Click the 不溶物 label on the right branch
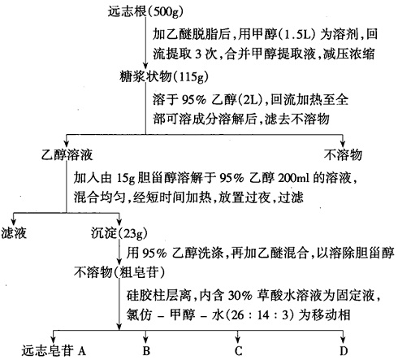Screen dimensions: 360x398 (343, 154)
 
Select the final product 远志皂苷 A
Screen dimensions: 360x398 (48, 350)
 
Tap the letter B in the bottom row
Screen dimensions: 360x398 (145, 350)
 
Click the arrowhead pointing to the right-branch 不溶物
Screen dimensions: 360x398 (343, 143)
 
